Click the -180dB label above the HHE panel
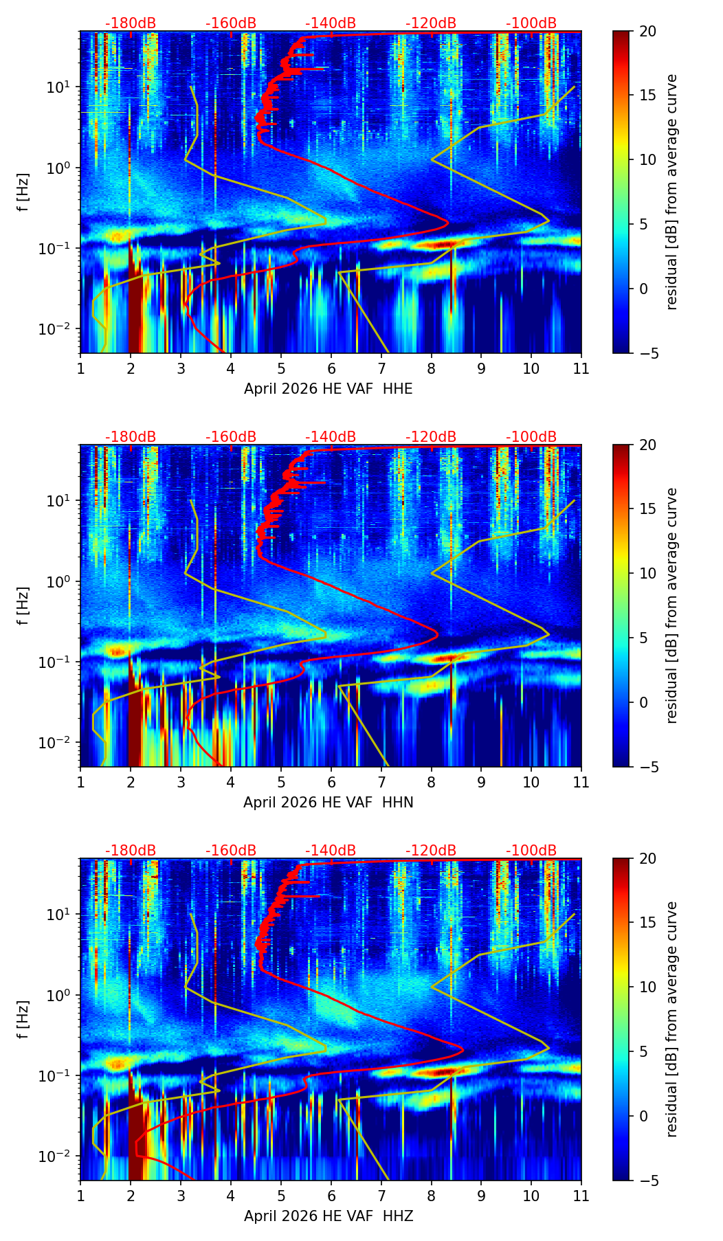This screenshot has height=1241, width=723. (x=131, y=23)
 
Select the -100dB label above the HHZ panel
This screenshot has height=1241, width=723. (x=531, y=851)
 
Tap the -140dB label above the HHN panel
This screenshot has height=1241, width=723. (x=331, y=437)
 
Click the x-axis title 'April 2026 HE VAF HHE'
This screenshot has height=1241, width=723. (x=329, y=389)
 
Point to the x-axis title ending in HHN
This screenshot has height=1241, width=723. (x=329, y=803)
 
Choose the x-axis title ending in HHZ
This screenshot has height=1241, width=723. (x=329, y=1216)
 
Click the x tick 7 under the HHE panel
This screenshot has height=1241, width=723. (x=381, y=368)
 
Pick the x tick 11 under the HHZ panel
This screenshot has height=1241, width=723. (x=581, y=1196)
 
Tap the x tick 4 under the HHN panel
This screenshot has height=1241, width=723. (x=231, y=782)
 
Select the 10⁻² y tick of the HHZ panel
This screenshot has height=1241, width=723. (x=58, y=1156)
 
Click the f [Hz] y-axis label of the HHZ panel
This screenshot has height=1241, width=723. (x=23, y=1020)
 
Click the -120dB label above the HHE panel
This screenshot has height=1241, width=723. (x=431, y=23)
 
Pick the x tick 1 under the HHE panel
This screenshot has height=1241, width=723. (x=80, y=368)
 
